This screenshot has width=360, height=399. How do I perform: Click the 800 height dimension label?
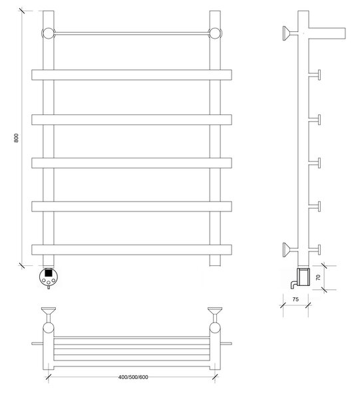pyautogui.click(x=16, y=138)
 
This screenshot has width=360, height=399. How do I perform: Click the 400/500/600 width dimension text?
pyautogui.click(x=133, y=377)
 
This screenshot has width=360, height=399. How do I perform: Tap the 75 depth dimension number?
pyautogui.click(x=295, y=299)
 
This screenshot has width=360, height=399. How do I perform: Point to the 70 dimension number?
pyautogui.click(x=318, y=277)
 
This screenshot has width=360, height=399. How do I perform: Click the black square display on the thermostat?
pyautogui.click(x=49, y=273)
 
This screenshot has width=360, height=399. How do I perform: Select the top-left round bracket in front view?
pyautogui.click(x=48, y=33)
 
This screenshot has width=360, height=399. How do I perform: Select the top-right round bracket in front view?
pyautogui.click(x=215, y=33)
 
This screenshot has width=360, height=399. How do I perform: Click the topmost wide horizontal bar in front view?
pyautogui.click(x=132, y=74)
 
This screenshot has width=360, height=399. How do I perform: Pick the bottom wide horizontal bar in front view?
pyautogui.click(x=132, y=249)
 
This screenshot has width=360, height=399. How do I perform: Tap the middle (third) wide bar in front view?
pyautogui.click(x=132, y=163)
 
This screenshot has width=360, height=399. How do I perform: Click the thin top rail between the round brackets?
pyautogui.click(x=132, y=33)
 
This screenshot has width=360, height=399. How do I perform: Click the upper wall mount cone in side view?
pyautogui.click(x=287, y=33)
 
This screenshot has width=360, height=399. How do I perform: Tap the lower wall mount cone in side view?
pyautogui.click(x=287, y=249)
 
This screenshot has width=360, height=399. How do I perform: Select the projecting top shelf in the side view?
pyautogui.click(x=327, y=33)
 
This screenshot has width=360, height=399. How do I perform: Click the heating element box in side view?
pyautogui.click(x=304, y=277)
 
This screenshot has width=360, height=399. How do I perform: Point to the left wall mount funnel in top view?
pyautogui.click(x=49, y=311)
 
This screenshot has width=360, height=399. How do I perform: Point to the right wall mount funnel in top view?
pyautogui.click(x=215, y=311)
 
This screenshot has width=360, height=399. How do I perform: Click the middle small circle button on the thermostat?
pyautogui.click(x=49, y=283)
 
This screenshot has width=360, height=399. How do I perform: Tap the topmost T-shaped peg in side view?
pyautogui.click(x=315, y=74)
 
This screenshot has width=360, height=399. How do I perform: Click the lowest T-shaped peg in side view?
pyautogui.click(x=315, y=249)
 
